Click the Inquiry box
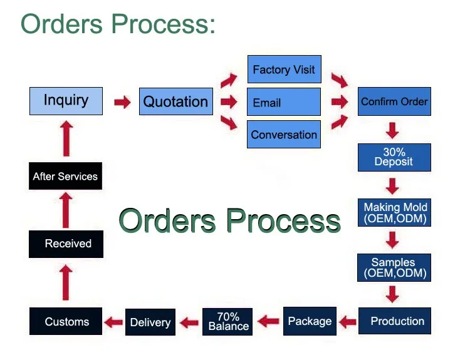point(66,101)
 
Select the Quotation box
point(176,101)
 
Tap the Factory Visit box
point(284,69)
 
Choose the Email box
point(284,102)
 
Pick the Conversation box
point(284,134)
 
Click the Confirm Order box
point(394,101)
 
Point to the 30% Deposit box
point(394,157)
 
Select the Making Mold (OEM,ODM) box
point(394,212)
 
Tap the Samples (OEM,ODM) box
point(394,267)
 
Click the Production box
point(395,321)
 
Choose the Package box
point(310,321)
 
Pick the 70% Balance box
point(227,322)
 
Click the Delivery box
point(150,322)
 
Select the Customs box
point(66,321)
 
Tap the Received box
point(66,244)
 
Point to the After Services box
point(65,176)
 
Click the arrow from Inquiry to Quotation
point(122,102)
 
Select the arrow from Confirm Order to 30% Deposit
point(392,130)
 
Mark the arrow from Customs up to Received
point(66,282)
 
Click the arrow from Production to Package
point(348,322)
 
